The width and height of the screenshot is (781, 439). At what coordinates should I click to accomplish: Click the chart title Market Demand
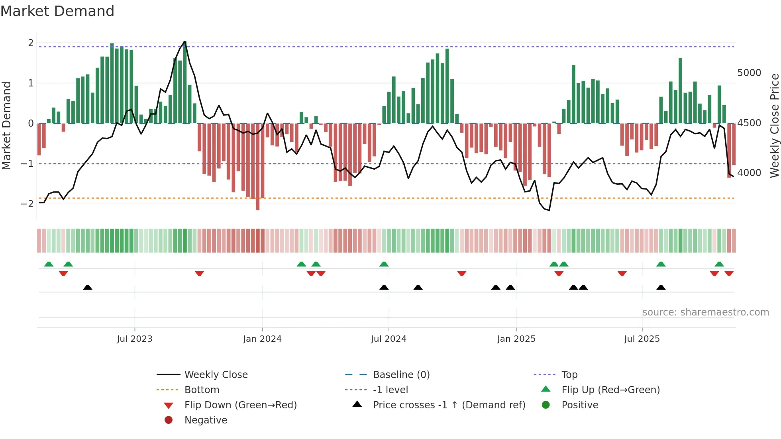57,11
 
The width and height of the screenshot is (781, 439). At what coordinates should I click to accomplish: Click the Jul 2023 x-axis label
135,339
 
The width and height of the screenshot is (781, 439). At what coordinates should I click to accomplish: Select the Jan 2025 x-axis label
516,339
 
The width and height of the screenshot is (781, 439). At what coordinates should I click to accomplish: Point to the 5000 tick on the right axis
749,73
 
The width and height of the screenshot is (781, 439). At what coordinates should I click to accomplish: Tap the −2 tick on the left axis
27,204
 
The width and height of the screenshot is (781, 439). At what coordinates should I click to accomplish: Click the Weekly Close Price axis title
774,125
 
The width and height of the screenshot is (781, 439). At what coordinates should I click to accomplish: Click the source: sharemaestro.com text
705,312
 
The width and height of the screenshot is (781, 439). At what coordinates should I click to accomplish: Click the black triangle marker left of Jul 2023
88,287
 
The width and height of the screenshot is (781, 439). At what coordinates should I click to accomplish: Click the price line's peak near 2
184,41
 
